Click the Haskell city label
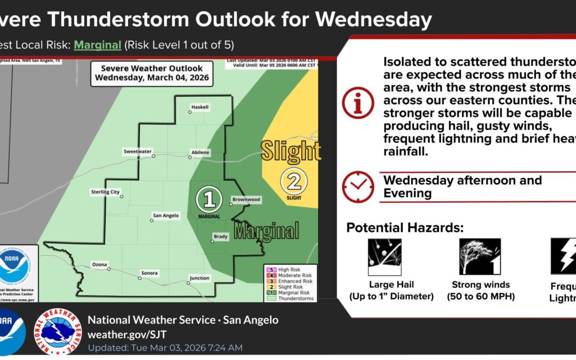200,107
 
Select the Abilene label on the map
200,153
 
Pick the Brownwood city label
246,199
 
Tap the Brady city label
221,236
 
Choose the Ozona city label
99,265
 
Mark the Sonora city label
149,273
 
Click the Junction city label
199,278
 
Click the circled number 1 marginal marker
209,199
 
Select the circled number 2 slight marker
293,181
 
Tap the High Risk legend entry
288,270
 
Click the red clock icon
358,187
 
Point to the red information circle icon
358,103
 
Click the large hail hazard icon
385,257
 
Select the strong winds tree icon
480,257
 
